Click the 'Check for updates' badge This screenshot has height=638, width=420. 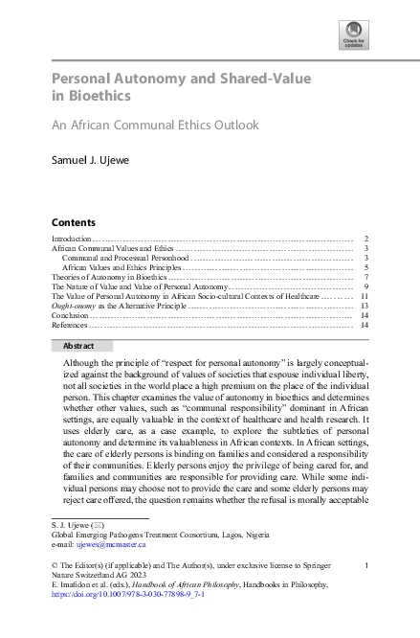pyautogui.click(x=353, y=36)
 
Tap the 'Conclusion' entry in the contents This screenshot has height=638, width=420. pyautogui.click(x=69, y=315)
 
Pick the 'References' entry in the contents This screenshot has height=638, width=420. pyautogui.click(x=70, y=325)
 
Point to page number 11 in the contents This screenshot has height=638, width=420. pyautogui.click(x=365, y=296)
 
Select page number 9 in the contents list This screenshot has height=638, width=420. pyautogui.click(x=366, y=286)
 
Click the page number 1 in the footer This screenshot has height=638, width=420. pyautogui.click(x=366, y=565)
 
